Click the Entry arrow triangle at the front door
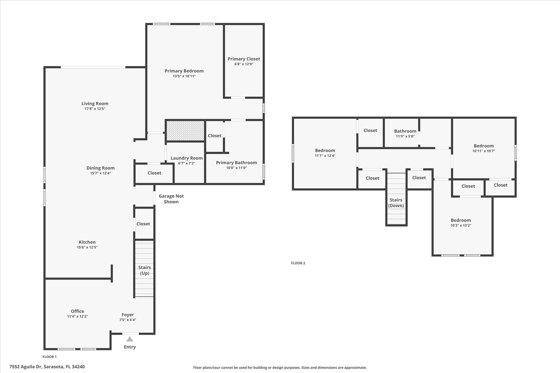(x=130, y=339)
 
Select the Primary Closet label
(x=244, y=59)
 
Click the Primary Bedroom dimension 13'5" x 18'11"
(x=184, y=76)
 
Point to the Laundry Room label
(x=187, y=158)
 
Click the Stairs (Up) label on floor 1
(x=145, y=270)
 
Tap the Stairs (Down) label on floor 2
(x=396, y=203)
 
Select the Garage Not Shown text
(x=171, y=199)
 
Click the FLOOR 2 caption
(x=298, y=263)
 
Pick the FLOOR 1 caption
(x=49, y=357)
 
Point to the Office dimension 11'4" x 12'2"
(x=77, y=316)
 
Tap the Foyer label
(x=128, y=315)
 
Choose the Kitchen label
(x=87, y=242)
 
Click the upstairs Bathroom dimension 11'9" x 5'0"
(x=405, y=136)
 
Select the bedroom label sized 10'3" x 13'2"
(x=461, y=220)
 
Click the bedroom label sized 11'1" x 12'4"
(x=325, y=150)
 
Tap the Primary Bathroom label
(x=236, y=163)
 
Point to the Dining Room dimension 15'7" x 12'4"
(x=100, y=173)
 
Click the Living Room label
(x=95, y=104)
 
